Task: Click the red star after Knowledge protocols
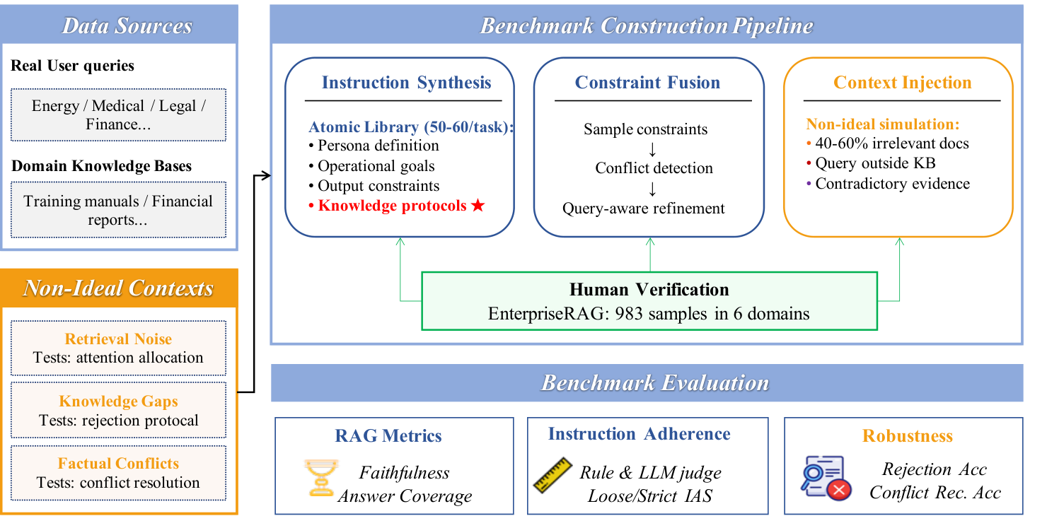(x=478, y=205)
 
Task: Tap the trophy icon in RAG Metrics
(x=320, y=477)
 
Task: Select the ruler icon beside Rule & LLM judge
(x=553, y=475)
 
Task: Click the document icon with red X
(x=826, y=478)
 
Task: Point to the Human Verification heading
(x=649, y=290)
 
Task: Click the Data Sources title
(x=127, y=25)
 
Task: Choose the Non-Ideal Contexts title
(x=118, y=288)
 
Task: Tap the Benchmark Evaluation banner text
(x=655, y=383)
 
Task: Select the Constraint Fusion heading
(x=647, y=82)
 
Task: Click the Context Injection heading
(x=903, y=82)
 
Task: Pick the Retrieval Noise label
(x=118, y=339)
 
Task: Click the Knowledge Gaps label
(x=118, y=401)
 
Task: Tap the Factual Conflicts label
(x=118, y=463)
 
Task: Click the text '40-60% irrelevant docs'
(x=892, y=143)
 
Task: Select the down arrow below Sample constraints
(x=652, y=149)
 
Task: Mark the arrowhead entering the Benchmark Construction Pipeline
(x=267, y=175)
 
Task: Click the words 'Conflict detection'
(x=654, y=168)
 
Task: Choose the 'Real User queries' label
(x=72, y=66)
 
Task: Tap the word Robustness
(x=907, y=435)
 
